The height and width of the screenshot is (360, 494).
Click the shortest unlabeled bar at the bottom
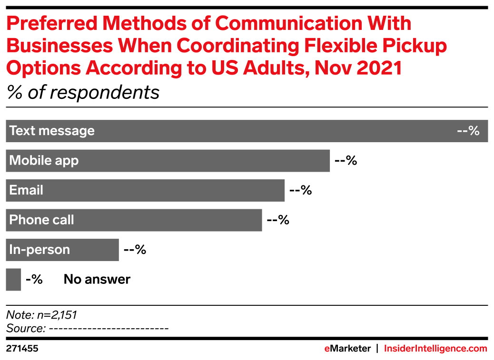click(13, 280)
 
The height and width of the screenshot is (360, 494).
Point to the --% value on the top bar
click(468, 131)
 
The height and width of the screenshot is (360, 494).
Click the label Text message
click(52, 131)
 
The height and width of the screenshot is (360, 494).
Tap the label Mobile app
click(44, 161)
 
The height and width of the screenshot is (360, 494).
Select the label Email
click(26, 190)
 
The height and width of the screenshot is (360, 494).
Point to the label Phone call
click(41, 220)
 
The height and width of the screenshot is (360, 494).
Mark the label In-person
click(40, 250)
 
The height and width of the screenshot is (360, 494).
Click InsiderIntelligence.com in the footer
click(435, 349)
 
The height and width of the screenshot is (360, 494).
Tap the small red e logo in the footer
click(327, 349)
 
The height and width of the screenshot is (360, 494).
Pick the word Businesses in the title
click(59, 46)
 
